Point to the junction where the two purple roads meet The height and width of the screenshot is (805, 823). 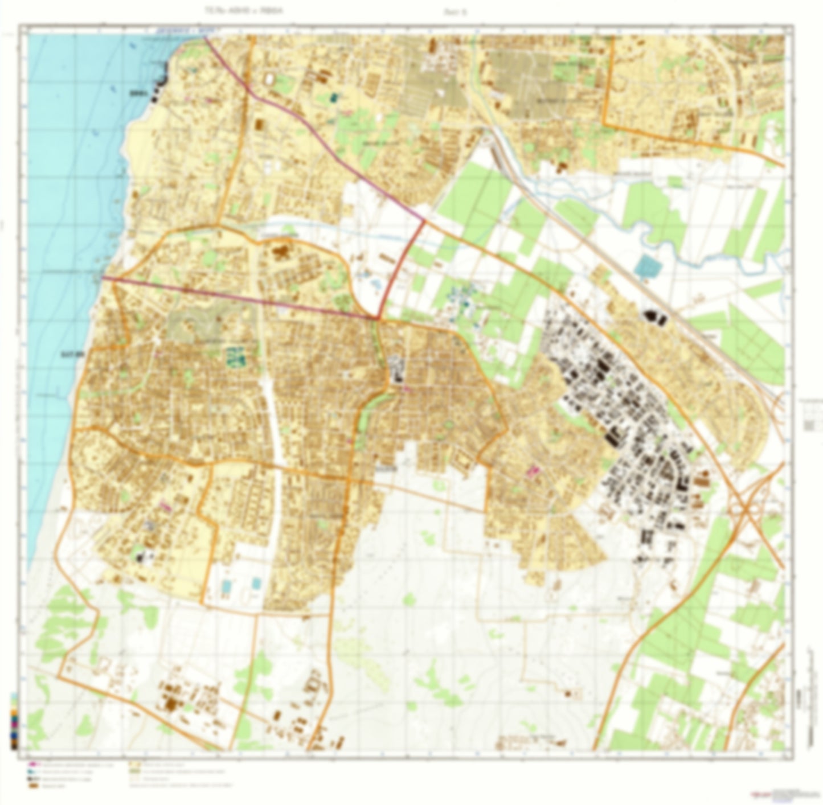tap(378, 318)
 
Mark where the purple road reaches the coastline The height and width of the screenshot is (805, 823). tap(103, 278)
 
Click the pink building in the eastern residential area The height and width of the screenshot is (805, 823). tap(534, 470)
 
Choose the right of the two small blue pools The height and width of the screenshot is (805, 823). tap(257, 584)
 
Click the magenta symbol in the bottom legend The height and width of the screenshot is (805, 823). tap(32, 764)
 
